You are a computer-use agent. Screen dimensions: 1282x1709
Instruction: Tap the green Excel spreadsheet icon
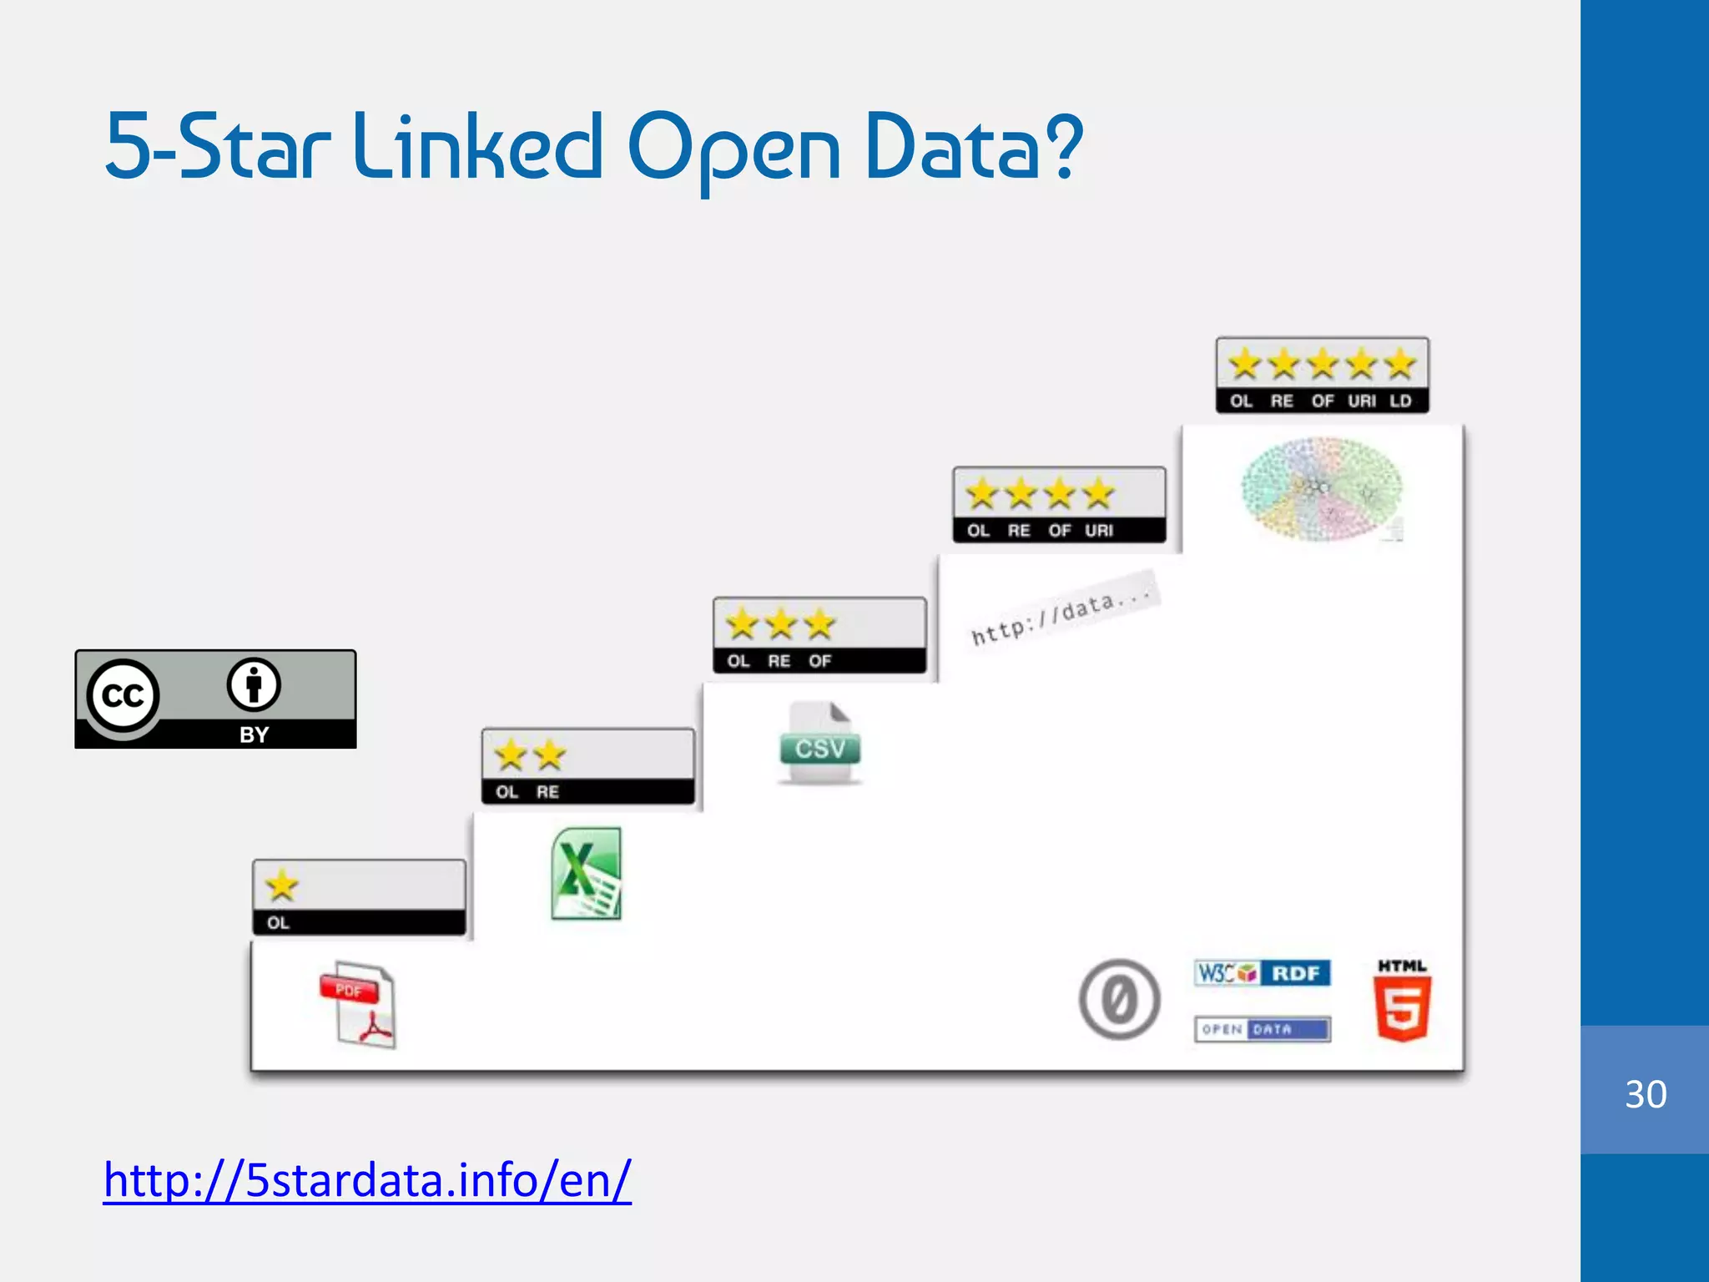587,873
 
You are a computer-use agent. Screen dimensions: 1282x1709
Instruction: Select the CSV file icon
819,743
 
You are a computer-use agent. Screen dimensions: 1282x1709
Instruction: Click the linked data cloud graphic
1322,489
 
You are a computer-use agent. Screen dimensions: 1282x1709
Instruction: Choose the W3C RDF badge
1262,973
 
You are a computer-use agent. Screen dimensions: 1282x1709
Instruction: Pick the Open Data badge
1262,1029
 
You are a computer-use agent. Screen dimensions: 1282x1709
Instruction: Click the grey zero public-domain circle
1119,999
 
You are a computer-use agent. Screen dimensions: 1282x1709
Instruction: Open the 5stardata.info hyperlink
367,1180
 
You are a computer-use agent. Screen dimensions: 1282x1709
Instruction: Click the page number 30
1646,1094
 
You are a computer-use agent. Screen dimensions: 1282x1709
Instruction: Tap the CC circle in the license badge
123,695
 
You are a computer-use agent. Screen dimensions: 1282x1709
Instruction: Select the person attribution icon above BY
254,685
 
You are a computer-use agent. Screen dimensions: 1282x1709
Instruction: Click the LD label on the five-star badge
1400,401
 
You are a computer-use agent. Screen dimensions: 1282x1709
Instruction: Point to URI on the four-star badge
1099,531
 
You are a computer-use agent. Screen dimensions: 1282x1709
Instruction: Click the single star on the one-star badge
282,886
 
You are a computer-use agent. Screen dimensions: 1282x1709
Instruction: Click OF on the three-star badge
819,661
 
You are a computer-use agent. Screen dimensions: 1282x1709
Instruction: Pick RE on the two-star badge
547,792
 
